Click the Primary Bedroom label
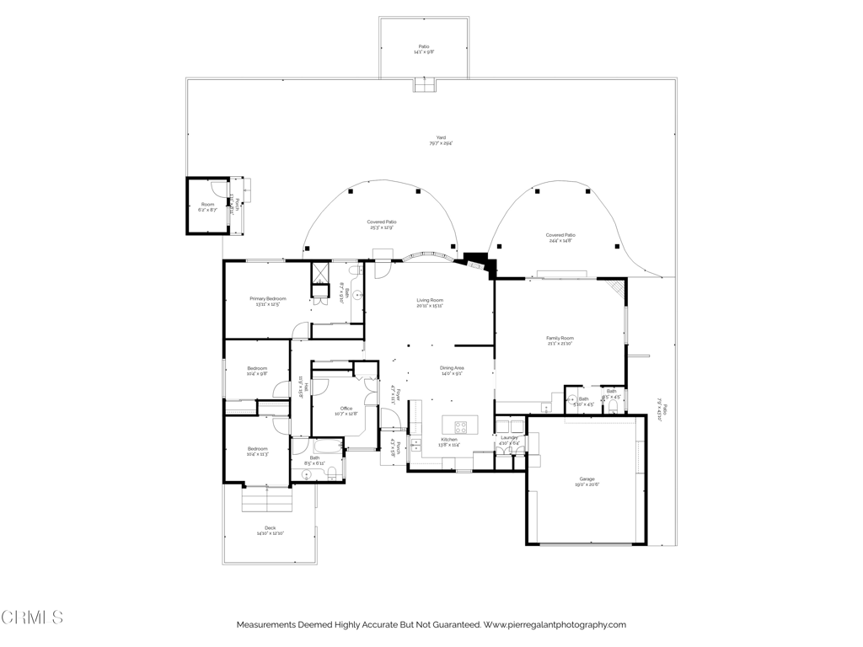point(268,299)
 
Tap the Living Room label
point(430,301)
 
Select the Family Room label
point(560,338)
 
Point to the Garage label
point(587,479)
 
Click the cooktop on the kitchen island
point(461,425)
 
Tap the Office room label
point(346,409)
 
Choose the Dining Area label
point(452,368)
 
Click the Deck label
point(271,528)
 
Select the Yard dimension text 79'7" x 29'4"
point(441,144)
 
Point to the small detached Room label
point(207,205)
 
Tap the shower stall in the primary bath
point(319,275)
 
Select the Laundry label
point(509,438)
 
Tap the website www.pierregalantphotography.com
point(555,625)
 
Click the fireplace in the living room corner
point(478,262)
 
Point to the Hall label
point(306,388)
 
